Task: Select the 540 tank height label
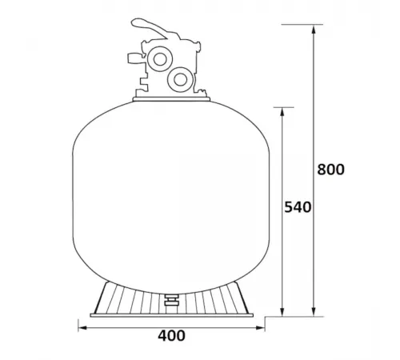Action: pyautogui.click(x=297, y=207)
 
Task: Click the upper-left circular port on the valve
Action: pyautogui.click(x=157, y=60)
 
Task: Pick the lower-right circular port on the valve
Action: pyautogui.click(x=180, y=79)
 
